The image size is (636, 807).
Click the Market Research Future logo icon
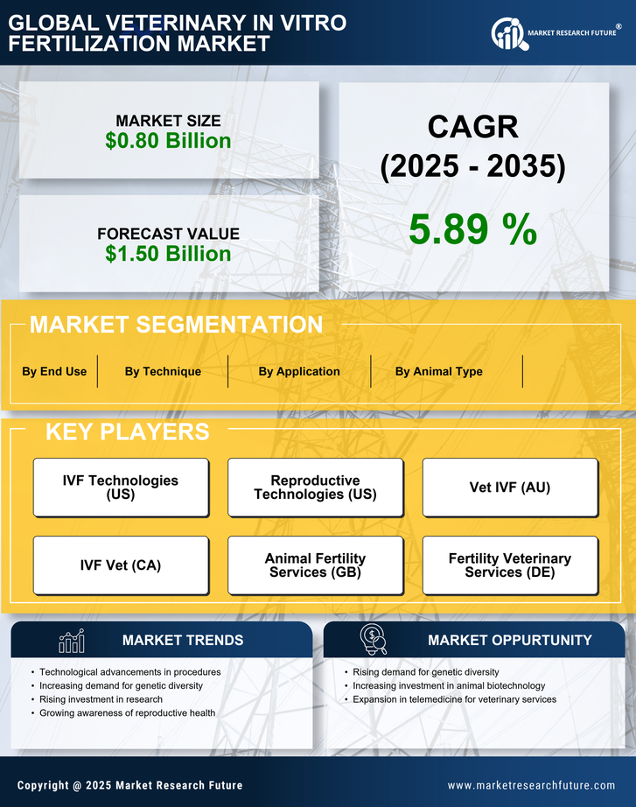pyautogui.click(x=508, y=33)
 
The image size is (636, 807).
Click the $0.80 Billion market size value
pyautogui.click(x=168, y=141)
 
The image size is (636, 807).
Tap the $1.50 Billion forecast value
pyautogui.click(x=168, y=254)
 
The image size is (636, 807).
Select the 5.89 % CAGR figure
pyautogui.click(x=472, y=230)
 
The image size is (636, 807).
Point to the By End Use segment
pyautogui.click(x=54, y=371)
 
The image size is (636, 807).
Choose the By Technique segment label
pyautogui.click(x=163, y=371)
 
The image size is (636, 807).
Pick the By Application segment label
pyautogui.click(x=299, y=371)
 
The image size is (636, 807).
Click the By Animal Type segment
pyautogui.click(x=438, y=371)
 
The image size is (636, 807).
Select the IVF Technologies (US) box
pyautogui.click(x=121, y=488)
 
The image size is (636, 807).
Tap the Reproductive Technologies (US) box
pyautogui.click(x=315, y=488)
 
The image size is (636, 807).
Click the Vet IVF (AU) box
pyautogui.click(x=510, y=488)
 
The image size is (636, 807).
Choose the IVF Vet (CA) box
pyautogui.click(x=121, y=565)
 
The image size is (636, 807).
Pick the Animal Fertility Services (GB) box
pyautogui.click(x=315, y=565)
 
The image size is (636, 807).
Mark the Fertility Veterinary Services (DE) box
pyautogui.click(x=510, y=565)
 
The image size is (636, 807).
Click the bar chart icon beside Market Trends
pyautogui.click(x=71, y=641)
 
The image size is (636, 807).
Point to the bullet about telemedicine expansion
pyautogui.click(x=454, y=699)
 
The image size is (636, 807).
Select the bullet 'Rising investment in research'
pyautogui.click(x=101, y=699)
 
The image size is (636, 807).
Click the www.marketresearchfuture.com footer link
pyautogui.click(x=531, y=785)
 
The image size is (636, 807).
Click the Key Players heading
pyautogui.click(x=127, y=432)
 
